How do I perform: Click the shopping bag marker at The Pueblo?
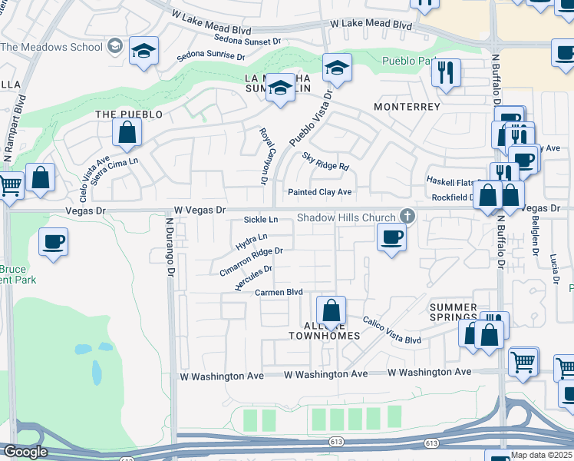pos(127,133)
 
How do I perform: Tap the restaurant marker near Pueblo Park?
pos(446,74)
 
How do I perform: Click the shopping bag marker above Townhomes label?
pos(331,312)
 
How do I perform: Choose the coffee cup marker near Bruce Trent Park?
pos(53,242)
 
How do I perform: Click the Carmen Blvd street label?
pos(279,292)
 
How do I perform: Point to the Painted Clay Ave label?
pos(319,192)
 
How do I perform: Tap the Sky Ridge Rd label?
pos(325,161)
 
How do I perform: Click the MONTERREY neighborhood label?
pos(407,106)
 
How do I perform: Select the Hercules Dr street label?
pos(254,279)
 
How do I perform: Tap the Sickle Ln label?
pos(260,220)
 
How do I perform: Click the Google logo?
pos(25,452)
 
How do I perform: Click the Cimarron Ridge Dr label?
pos(251,262)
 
